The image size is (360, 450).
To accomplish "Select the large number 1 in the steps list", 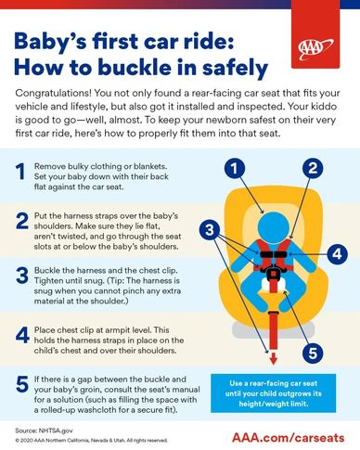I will click(x=21, y=171).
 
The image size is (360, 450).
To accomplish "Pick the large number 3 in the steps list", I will click(x=21, y=276).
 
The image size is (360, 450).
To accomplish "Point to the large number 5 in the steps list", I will click(x=21, y=384).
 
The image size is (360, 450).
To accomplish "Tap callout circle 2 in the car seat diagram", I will click(x=313, y=169).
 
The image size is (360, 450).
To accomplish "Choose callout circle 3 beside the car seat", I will click(x=212, y=229).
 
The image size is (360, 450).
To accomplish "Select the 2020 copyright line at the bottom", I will click(x=92, y=442).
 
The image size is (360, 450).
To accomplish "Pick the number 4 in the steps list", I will click(x=21, y=333).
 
